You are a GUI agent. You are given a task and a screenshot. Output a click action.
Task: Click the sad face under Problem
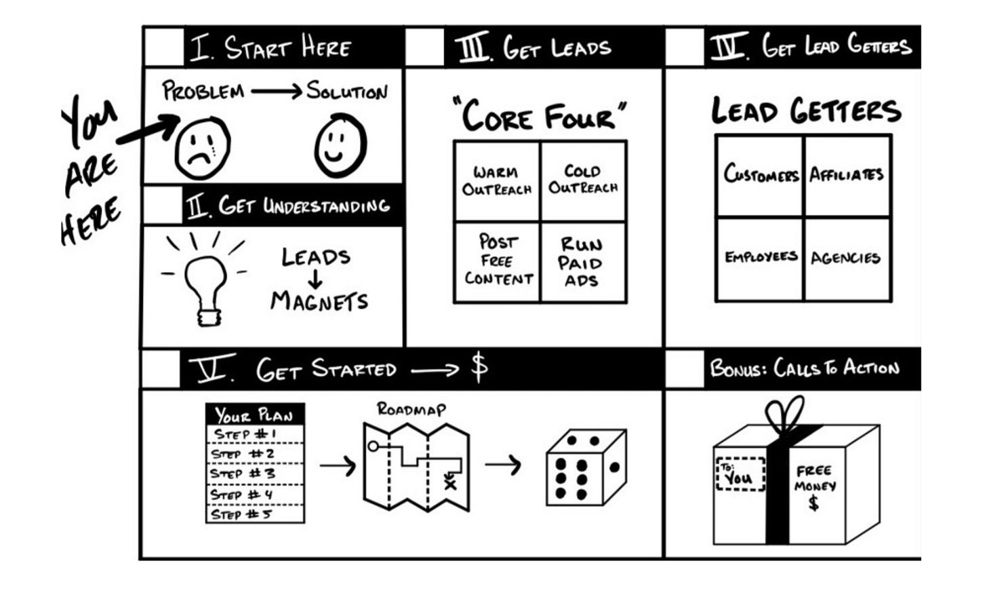[202, 148]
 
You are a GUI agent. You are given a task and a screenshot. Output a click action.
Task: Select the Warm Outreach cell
[497, 181]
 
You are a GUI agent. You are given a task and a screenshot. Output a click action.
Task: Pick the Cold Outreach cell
[583, 180]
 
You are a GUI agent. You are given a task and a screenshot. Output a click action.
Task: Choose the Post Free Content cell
[498, 261]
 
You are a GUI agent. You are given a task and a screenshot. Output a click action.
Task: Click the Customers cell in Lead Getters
[760, 176]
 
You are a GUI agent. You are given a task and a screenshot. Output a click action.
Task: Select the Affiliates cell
[847, 176]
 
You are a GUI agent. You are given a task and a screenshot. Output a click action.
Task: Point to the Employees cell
[760, 258]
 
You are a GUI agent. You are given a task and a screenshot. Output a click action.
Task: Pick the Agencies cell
[846, 258]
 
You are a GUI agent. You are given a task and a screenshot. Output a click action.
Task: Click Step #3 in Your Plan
[255, 474]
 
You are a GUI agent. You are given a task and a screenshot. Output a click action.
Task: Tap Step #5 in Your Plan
[255, 514]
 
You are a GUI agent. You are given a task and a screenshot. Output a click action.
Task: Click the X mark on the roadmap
[449, 483]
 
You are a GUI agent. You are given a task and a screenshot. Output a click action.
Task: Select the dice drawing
[586, 467]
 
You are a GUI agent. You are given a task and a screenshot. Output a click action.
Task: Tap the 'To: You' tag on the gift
[740, 474]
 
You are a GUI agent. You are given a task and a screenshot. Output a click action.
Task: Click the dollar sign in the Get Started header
[479, 368]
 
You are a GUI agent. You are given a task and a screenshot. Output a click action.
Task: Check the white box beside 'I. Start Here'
[164, 47]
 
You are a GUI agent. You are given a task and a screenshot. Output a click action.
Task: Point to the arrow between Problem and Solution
[276, 92]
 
